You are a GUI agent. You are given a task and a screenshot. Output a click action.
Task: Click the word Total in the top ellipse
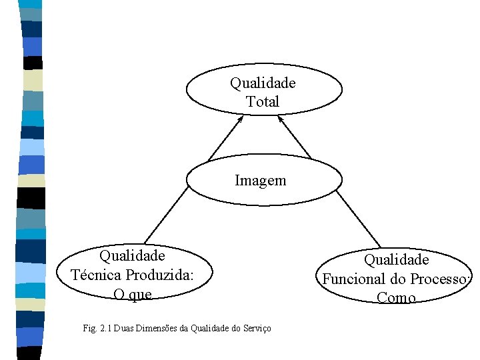coord(263,102)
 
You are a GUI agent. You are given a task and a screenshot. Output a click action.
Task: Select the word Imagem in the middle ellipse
coord(261,180)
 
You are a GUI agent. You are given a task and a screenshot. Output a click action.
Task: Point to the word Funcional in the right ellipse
coord(353,279)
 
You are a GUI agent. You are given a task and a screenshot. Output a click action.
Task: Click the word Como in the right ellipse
coord(396,297)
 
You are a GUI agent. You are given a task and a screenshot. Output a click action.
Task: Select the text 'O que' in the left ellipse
coord(133,294)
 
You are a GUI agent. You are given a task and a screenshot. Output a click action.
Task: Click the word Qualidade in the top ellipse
coord(263,83)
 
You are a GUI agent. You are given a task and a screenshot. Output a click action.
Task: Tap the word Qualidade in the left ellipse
coord(132,256)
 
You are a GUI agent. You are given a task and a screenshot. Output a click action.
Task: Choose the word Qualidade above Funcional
coord(396,259)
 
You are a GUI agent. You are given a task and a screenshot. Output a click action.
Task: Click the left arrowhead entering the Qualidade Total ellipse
coord(241,119)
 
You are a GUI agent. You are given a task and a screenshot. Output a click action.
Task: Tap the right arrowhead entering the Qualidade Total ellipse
coord(281,119)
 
